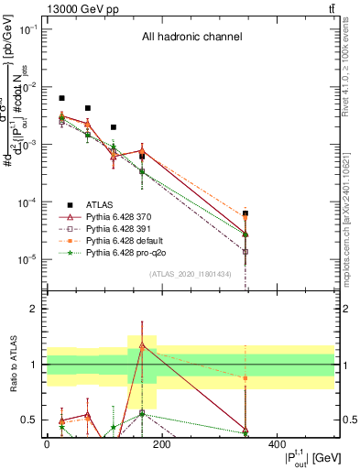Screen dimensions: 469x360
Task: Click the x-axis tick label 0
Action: [x=47, y=444]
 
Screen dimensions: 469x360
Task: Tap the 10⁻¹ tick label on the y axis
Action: [x=27, y=29]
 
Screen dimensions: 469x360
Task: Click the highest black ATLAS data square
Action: [x=61, y=98]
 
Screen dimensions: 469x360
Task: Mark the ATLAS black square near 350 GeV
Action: [x=245, y=213]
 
